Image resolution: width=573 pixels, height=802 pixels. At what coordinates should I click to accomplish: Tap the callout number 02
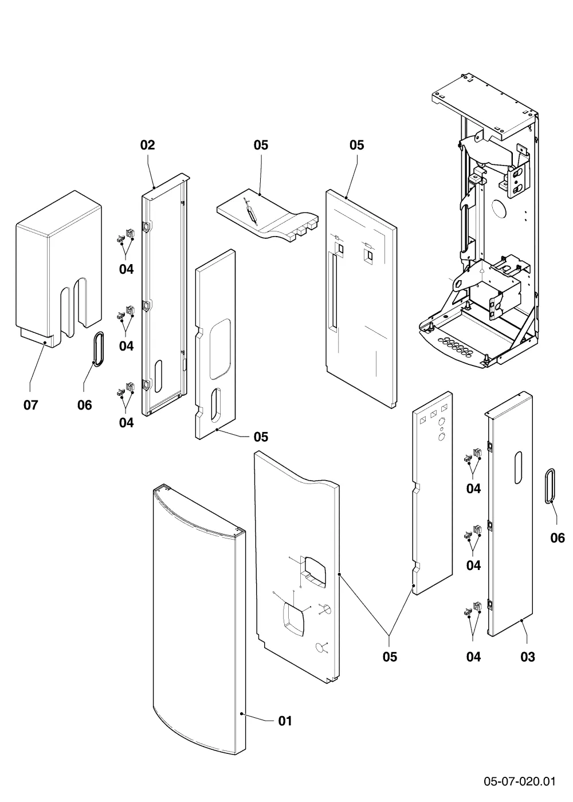click(x=148, y=145)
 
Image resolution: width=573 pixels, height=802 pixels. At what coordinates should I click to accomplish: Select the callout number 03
click(x=528, y=656)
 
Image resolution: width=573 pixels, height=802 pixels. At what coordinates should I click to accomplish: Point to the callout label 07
click(x=30, y=405)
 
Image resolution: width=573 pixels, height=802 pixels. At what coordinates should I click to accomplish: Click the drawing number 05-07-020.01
click(x=520, y=781)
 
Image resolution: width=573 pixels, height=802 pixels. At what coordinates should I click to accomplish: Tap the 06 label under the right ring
click(x=557, y=537)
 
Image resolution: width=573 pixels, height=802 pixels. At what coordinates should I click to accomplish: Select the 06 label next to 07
click(x=85, y=405)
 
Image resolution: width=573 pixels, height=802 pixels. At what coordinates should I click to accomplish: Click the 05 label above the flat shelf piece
click(x=261, y=145)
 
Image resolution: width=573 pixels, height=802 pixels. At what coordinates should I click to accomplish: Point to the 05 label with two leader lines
click(x=390, y=656)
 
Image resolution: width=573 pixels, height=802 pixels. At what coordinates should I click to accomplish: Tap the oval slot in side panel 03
click(x=518, y=467)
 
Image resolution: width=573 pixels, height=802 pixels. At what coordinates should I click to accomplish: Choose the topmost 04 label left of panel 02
click(x=126, y=269)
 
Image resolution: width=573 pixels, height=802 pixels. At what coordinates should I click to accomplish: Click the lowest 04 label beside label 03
click(x=473, y=656)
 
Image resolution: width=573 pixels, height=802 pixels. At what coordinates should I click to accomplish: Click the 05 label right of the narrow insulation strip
click(x=261, y=437)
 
